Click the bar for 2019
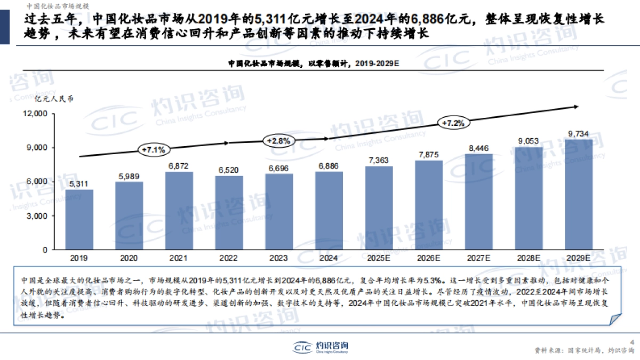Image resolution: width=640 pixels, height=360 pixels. (x=79, y=219)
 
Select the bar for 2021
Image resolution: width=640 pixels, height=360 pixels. (x=179, y=211)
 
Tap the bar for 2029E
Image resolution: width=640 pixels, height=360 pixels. (x=579, y=195)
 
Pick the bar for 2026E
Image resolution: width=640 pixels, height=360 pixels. (x=429, y=205)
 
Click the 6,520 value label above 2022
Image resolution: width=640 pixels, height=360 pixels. (x=228, y=170)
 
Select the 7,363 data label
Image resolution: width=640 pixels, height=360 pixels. (x=379, y=160)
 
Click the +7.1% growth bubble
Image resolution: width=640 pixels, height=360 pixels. (x=153, y=149)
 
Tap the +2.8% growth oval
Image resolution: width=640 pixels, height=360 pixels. (x=278, y=141)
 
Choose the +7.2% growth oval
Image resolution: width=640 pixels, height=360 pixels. (x=454, y=123)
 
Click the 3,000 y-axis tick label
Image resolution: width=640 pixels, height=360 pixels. (x=38, y=215)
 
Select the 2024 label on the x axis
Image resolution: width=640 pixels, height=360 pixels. (x=329, y=258)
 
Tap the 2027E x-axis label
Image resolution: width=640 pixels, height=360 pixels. (x=478, y=258)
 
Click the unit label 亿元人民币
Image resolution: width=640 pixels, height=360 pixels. (x=53, y=99)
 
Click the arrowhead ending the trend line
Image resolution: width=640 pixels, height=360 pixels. (x=576, y=107)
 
